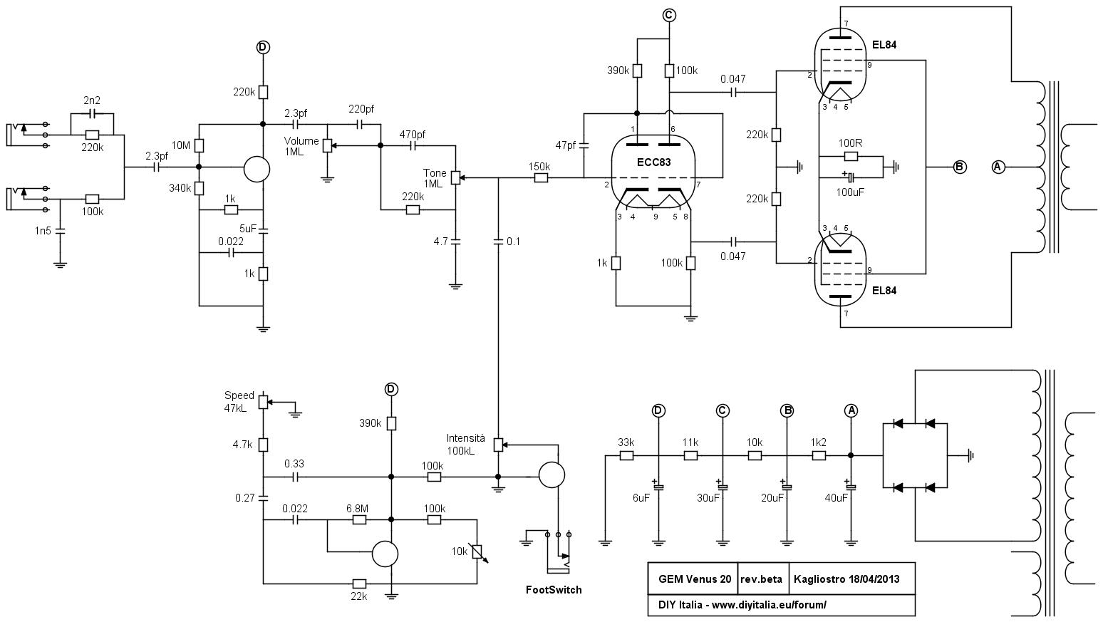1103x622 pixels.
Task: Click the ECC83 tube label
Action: (x=653, y=162)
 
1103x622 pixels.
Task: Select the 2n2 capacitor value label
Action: (x=92, y=100)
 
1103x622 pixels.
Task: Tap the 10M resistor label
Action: (x=181, y=145)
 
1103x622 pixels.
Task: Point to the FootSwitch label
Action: (x=554, y=590)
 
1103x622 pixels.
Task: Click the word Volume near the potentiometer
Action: (x=301, y=141)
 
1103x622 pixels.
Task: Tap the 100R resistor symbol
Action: (x=851, y=157)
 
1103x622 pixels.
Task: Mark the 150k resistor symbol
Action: (x=541, y=178)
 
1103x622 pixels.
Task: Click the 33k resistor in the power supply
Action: (x=626, y=456)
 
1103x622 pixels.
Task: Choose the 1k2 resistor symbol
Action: (x=819, y=456)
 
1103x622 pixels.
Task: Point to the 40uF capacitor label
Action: (x=836, y=498)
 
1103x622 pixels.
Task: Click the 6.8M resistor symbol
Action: (x=359, y=520)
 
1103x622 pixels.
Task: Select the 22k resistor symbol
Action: (x=359, y=584)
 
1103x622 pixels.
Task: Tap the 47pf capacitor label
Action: (x=566, y=145)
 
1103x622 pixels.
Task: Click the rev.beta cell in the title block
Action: (x=761, y=579)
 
